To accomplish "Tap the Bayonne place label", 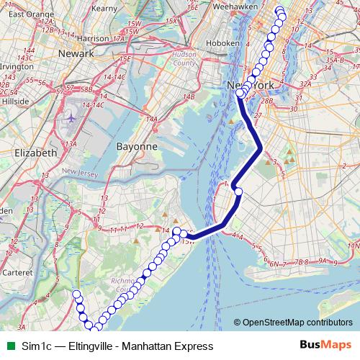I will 137,146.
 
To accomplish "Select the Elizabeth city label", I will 35,153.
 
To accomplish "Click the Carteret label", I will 14,274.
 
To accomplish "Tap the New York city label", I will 250,85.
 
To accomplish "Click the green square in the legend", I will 9,346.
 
